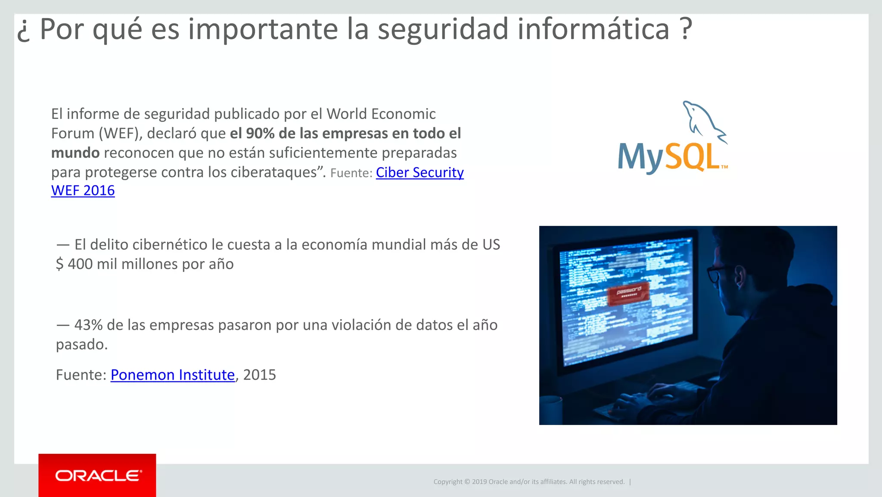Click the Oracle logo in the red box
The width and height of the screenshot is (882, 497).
(98, 475)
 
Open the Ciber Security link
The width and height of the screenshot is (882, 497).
(419, 172)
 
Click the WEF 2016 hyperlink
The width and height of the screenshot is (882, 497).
(83, 191)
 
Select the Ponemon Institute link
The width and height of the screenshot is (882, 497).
(172, 375)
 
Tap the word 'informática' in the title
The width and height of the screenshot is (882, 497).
(593, 29)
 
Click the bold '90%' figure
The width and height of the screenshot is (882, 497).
(260, 134)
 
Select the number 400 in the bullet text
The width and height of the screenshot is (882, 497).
(80, 264)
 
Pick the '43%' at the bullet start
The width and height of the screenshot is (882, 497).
(88, 325)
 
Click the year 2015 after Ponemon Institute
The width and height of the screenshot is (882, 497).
(259, 375)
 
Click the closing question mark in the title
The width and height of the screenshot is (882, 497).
(686, 29)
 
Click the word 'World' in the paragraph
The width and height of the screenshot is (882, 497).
(347, 114)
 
